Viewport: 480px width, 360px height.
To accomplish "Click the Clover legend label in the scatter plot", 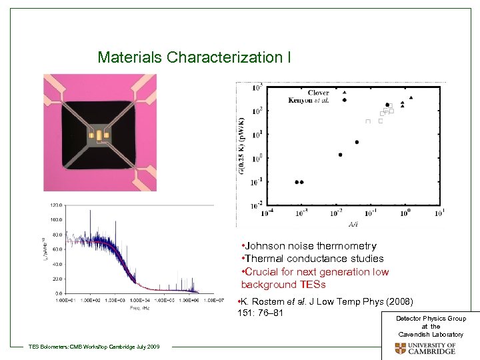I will pos(318,93).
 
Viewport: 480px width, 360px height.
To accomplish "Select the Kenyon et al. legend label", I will pos(310,101).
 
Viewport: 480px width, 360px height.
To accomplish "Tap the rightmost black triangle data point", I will pos(412,98).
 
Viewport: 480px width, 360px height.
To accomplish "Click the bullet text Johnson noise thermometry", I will pos(309,246).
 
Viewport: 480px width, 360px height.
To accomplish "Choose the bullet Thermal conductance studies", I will pos(313,259).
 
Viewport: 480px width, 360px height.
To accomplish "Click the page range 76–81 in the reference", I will pos(270,313).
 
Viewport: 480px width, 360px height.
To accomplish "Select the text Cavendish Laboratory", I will pos(431,334).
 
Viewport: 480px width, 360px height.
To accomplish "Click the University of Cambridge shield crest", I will pos(400,349).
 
